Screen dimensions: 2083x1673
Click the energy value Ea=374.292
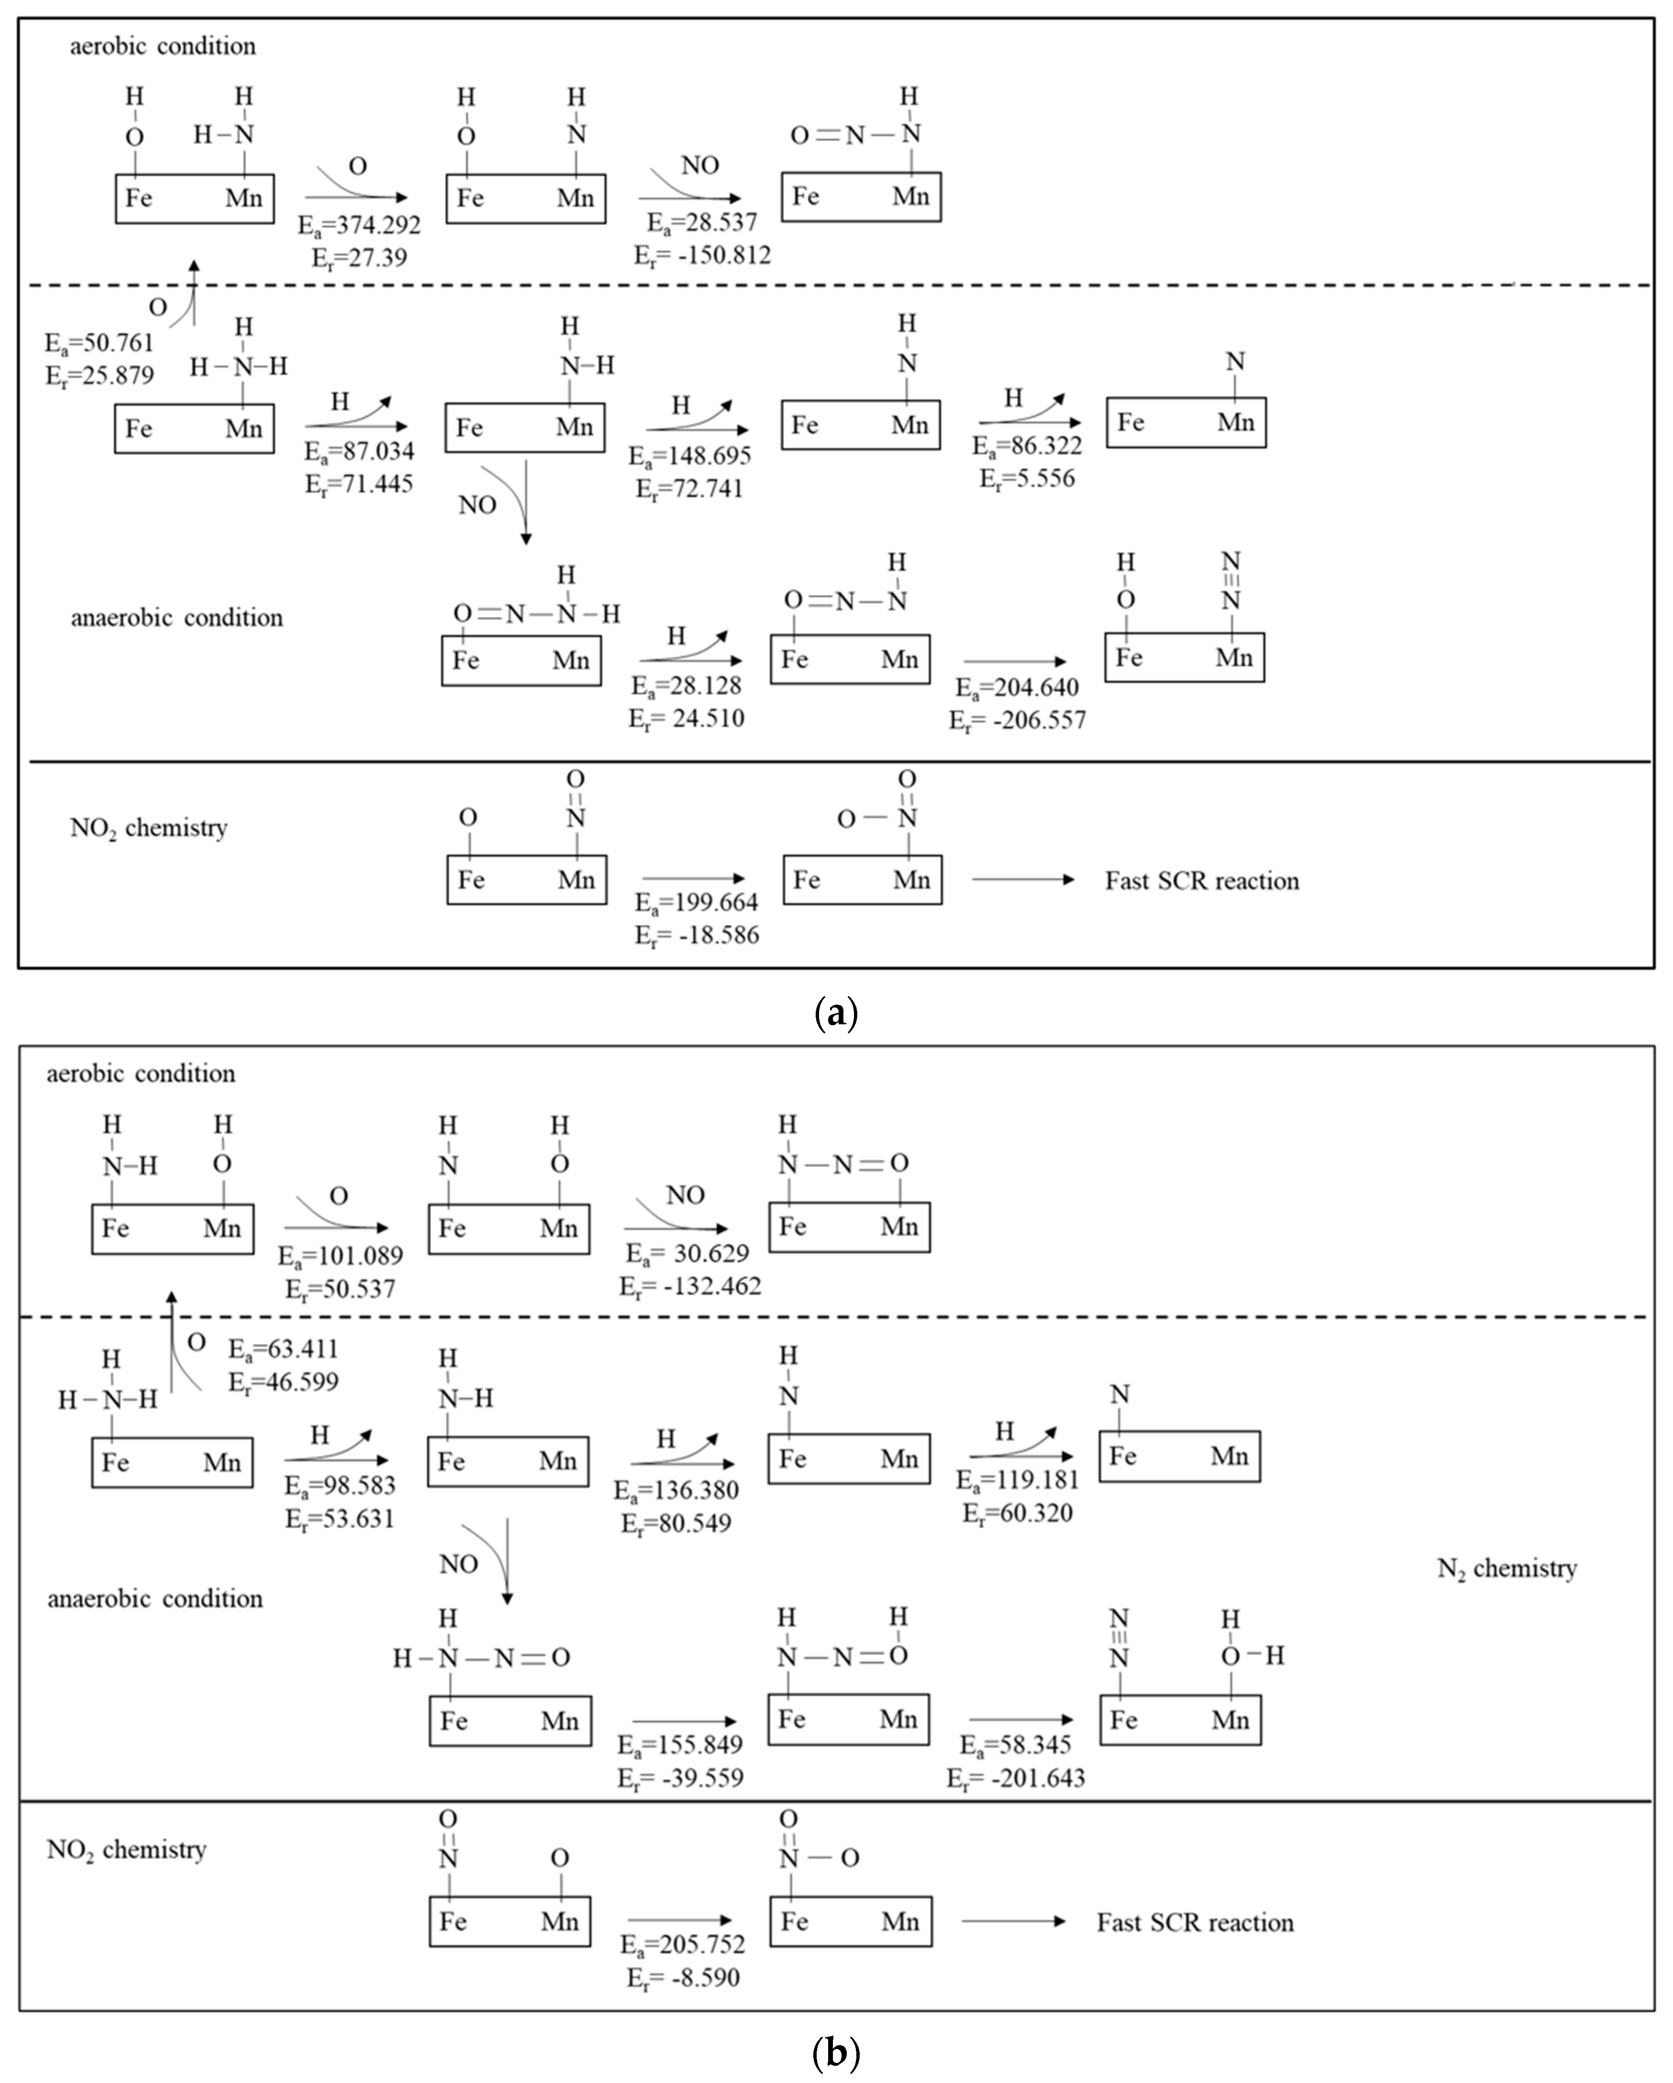tap(360, 225)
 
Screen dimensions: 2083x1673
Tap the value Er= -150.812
tap(702, 256)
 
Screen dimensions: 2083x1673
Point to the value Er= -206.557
tap(1017, 721)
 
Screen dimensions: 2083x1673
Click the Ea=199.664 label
tap(697, 902)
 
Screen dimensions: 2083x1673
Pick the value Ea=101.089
tap(340, 1256)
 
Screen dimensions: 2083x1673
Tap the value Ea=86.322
tap(1027, 446)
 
